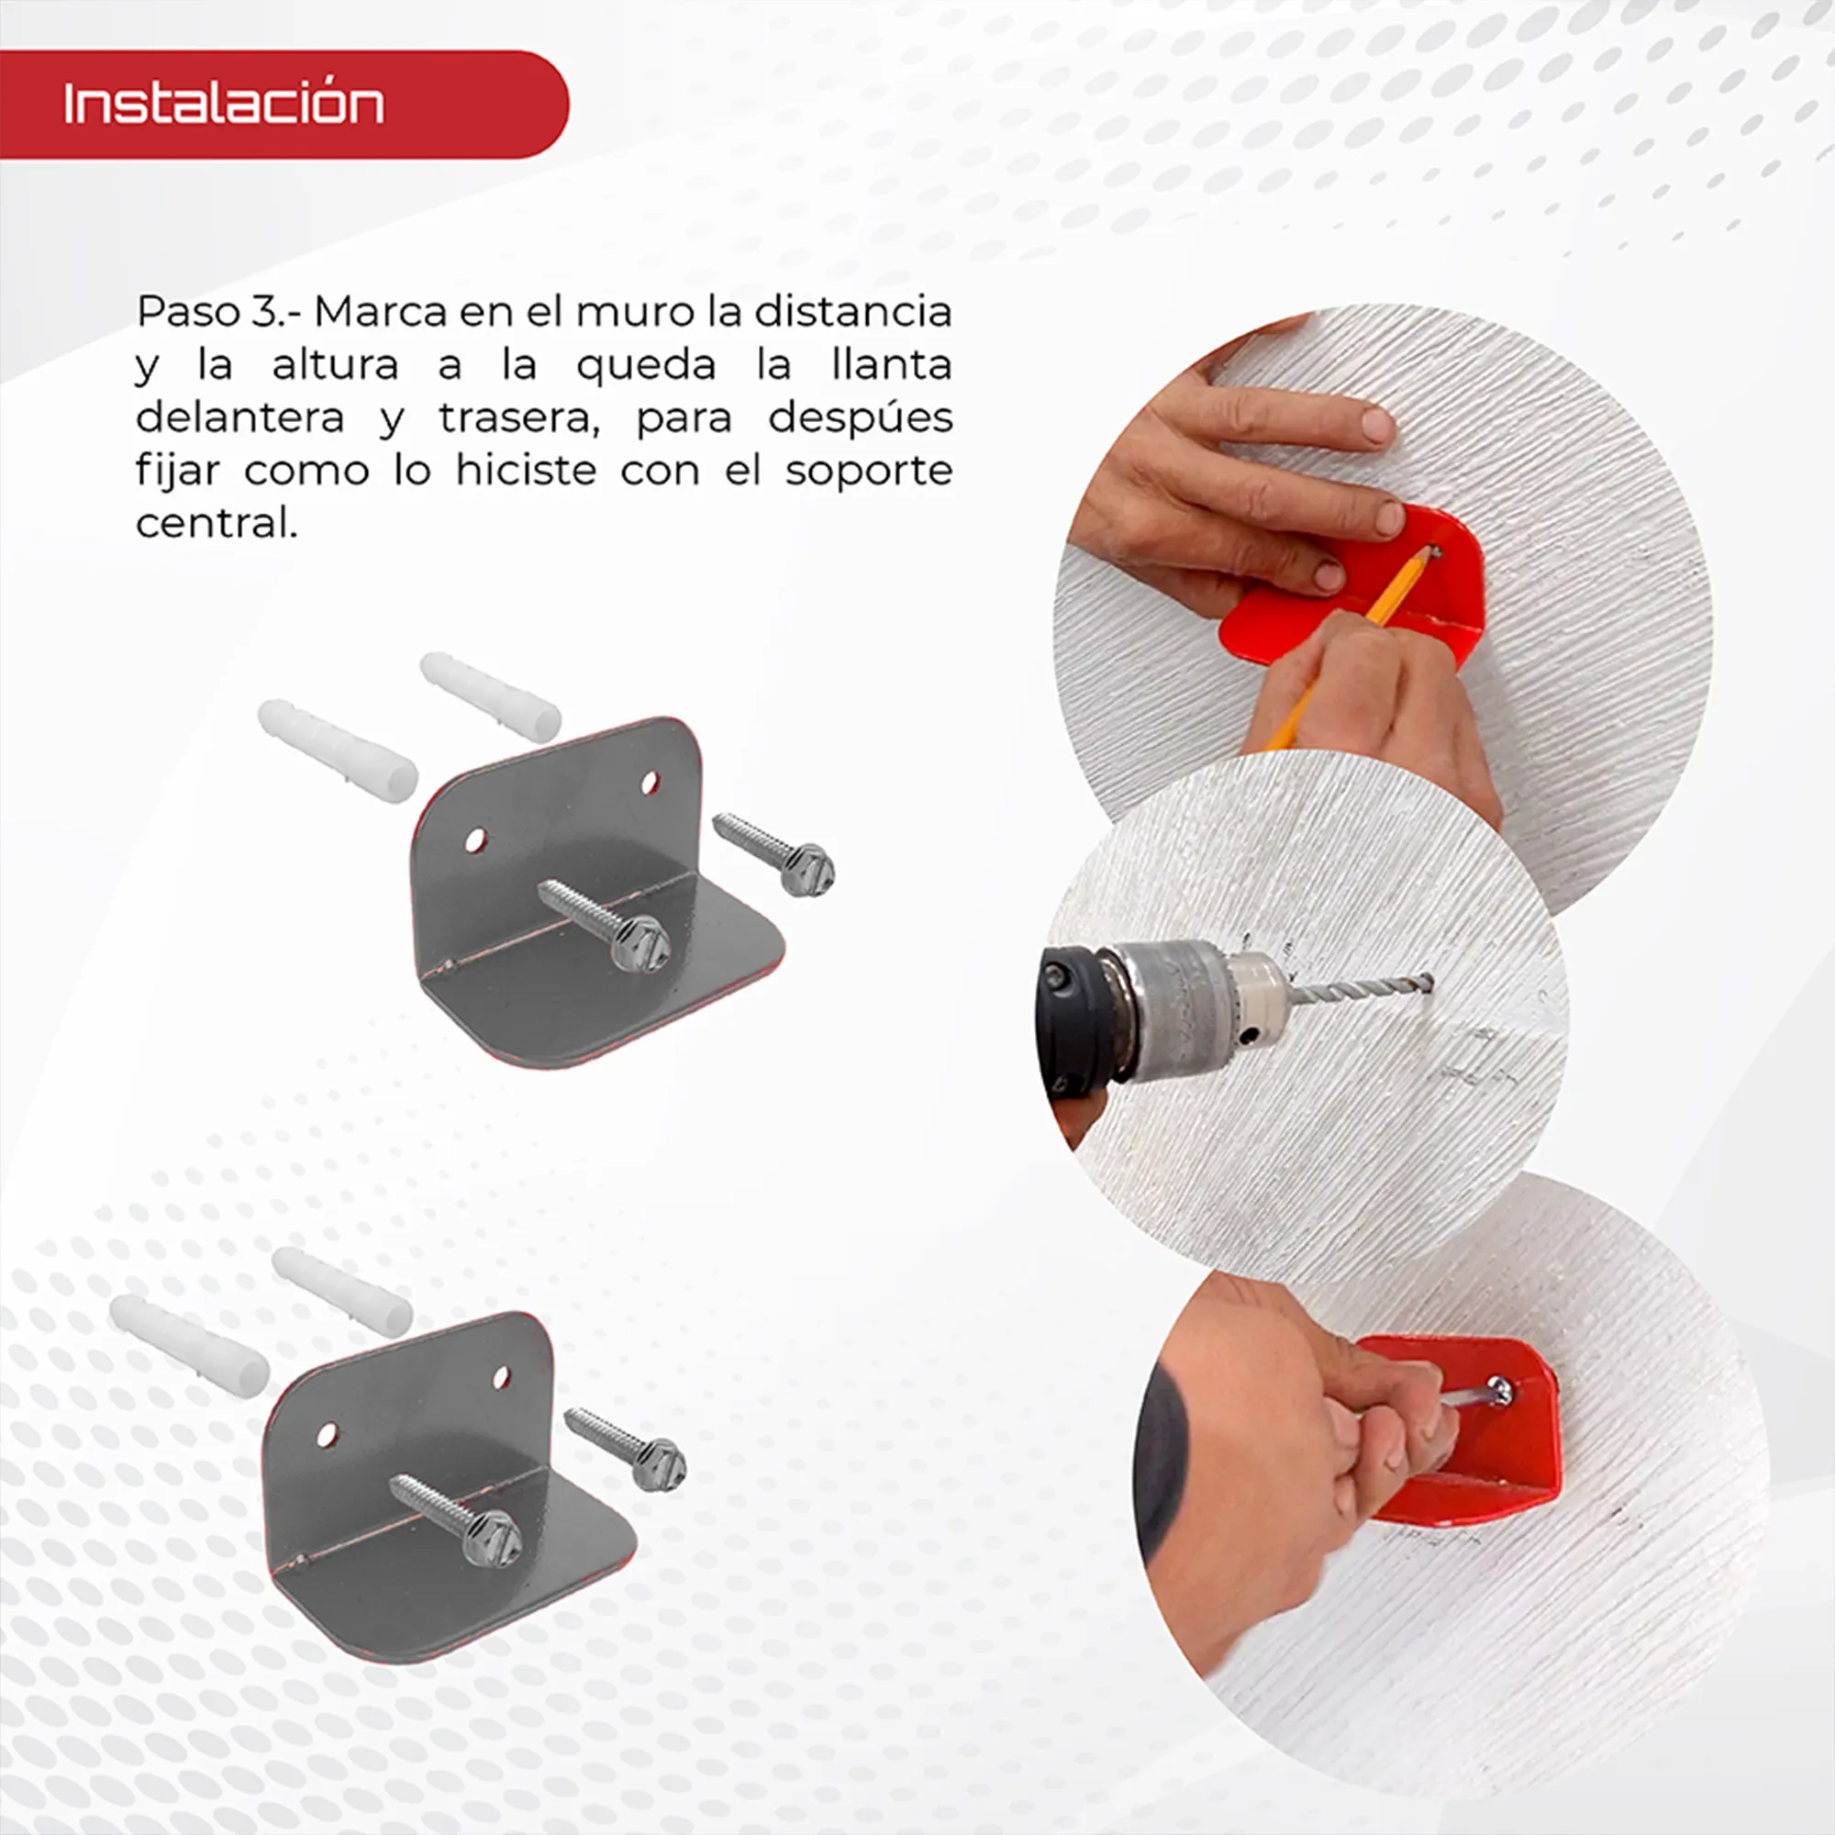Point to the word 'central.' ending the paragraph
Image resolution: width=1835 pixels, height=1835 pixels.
(x=217, y=522)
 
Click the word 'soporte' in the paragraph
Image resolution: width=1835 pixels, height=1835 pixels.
(x=868, y=470)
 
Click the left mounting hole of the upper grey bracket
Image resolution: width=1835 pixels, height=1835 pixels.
(x=475, y=840)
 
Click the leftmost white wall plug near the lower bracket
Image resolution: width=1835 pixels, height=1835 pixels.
(x=189, y=1345)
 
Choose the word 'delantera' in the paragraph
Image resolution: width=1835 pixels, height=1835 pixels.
(x=240, y=417)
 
